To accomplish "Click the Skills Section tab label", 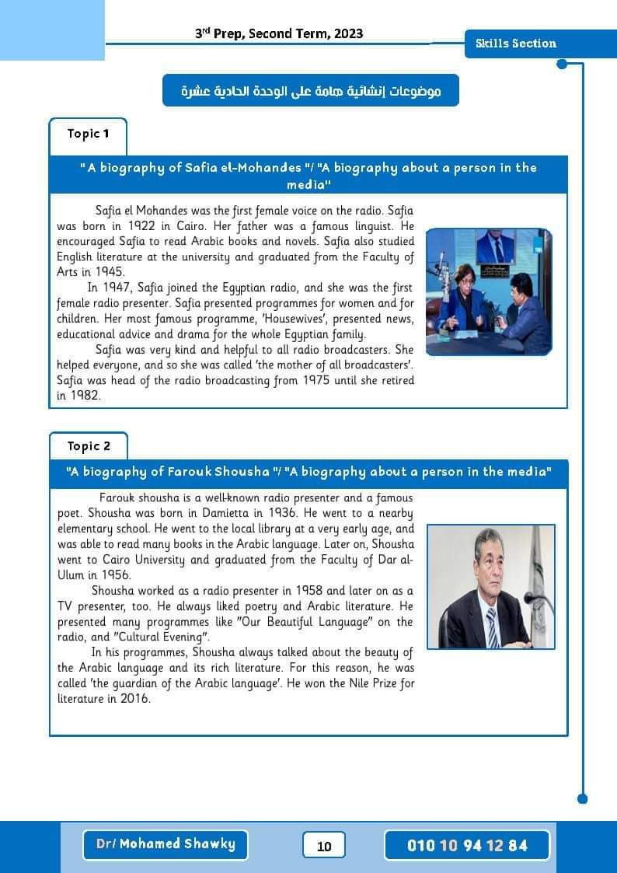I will pyautogui.click(x=516, y=44).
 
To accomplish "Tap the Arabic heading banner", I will pyautogui.click(x=311, y=91).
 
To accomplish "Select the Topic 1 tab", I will pyautogui.click(x=88, y=134).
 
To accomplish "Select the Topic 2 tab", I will pyautogui.click(x=89, y=446).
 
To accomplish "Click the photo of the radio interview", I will pyautogui.click(x=488, y=291).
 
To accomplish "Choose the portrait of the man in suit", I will pyautogui.click(x=490, y=586).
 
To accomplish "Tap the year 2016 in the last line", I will pyautogui.click(x=134, y=699).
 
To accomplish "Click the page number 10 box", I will pyautogui.click(x=324, y=846).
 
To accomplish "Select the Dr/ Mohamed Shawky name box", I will pyautogui.click(x=165, y=844).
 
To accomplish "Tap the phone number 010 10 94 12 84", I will pyautogui.click(x=467, y=846).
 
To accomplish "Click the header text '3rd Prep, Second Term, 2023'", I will pyautogui.click(x=279, y=33).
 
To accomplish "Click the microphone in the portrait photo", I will pyautogui.click(x=535, y=599).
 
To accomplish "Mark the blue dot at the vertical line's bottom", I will pyautogui.click(x=583, y=798).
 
